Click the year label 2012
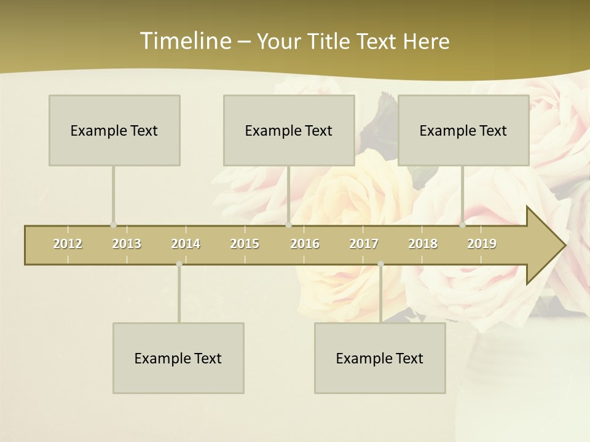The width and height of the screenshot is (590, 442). tap(68, 244)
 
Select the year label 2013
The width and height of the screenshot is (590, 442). tap(127, 244)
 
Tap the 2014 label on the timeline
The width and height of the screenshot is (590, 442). tap(186, 244)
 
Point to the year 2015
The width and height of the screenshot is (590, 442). tap(245, 244)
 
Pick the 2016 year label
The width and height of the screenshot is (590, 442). tap(305, 244)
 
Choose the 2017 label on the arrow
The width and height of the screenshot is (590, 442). tap(364, 244)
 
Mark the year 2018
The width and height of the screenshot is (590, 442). tap(423, 244)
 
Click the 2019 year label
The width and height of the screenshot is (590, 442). tap(482, 244)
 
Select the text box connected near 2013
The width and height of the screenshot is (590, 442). tap(114, 130)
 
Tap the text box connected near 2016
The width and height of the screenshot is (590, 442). tap(289, 130)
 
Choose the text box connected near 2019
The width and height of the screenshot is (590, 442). tap(463, 130)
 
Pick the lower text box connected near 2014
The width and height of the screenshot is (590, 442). tap(178, 358)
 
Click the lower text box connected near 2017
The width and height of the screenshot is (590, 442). tap(380, 358)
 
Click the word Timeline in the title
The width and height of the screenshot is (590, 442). tap(184, 41)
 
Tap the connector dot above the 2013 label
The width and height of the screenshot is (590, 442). tap(113, 225)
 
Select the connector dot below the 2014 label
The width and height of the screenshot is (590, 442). tap(179, 264)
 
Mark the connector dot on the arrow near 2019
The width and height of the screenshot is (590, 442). tap(463, 225)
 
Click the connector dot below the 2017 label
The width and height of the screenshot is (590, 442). tap(380, 264)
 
